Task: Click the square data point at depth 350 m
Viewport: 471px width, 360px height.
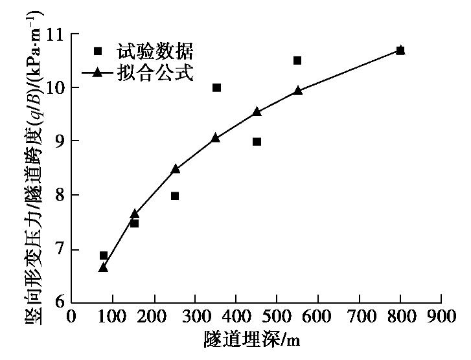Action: pos(216,87)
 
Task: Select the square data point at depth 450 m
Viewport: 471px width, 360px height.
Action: pos(257,141)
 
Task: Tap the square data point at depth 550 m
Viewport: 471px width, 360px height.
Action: pos(297,60)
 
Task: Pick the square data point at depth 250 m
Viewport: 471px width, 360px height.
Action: pos(175,196)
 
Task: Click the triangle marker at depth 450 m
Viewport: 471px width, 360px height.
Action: pos(257,111)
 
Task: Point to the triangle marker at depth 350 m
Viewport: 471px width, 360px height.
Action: pos(216,137)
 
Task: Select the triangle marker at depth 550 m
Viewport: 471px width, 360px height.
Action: pos(297,91)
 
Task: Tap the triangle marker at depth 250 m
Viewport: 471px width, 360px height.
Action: pos(175,168)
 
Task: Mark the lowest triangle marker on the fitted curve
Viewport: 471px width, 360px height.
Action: pos(103,267)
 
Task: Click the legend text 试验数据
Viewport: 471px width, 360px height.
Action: pos(155,51)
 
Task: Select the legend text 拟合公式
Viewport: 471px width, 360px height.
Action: pos(155,73)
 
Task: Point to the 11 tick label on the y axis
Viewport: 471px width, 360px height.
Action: pos(56,34)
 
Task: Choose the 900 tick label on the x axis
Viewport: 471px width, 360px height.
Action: pos(441,318)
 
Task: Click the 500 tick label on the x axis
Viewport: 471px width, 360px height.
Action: pos(277,318)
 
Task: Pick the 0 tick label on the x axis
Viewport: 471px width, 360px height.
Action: pos(72,318)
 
